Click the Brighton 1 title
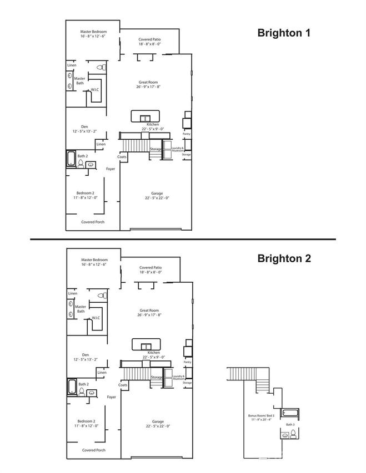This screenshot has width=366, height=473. (x=283, y=33)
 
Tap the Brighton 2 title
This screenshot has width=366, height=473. (x=284, y=258)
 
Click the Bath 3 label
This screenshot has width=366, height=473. (x=290, y=425)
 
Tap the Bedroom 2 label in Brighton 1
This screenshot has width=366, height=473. (x=87, y=195)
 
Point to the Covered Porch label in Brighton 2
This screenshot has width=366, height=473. (x=93, y=450)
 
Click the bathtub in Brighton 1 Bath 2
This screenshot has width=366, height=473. (x=71, y=159)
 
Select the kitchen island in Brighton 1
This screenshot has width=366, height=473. (x=146, y=116)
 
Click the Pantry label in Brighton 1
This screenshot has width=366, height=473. (x=187, y=134)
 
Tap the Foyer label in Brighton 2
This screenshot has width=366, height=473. (x=111, y=397)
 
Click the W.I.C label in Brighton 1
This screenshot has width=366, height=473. (x=95, y=91)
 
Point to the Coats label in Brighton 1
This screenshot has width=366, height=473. (x=122, y=156)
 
